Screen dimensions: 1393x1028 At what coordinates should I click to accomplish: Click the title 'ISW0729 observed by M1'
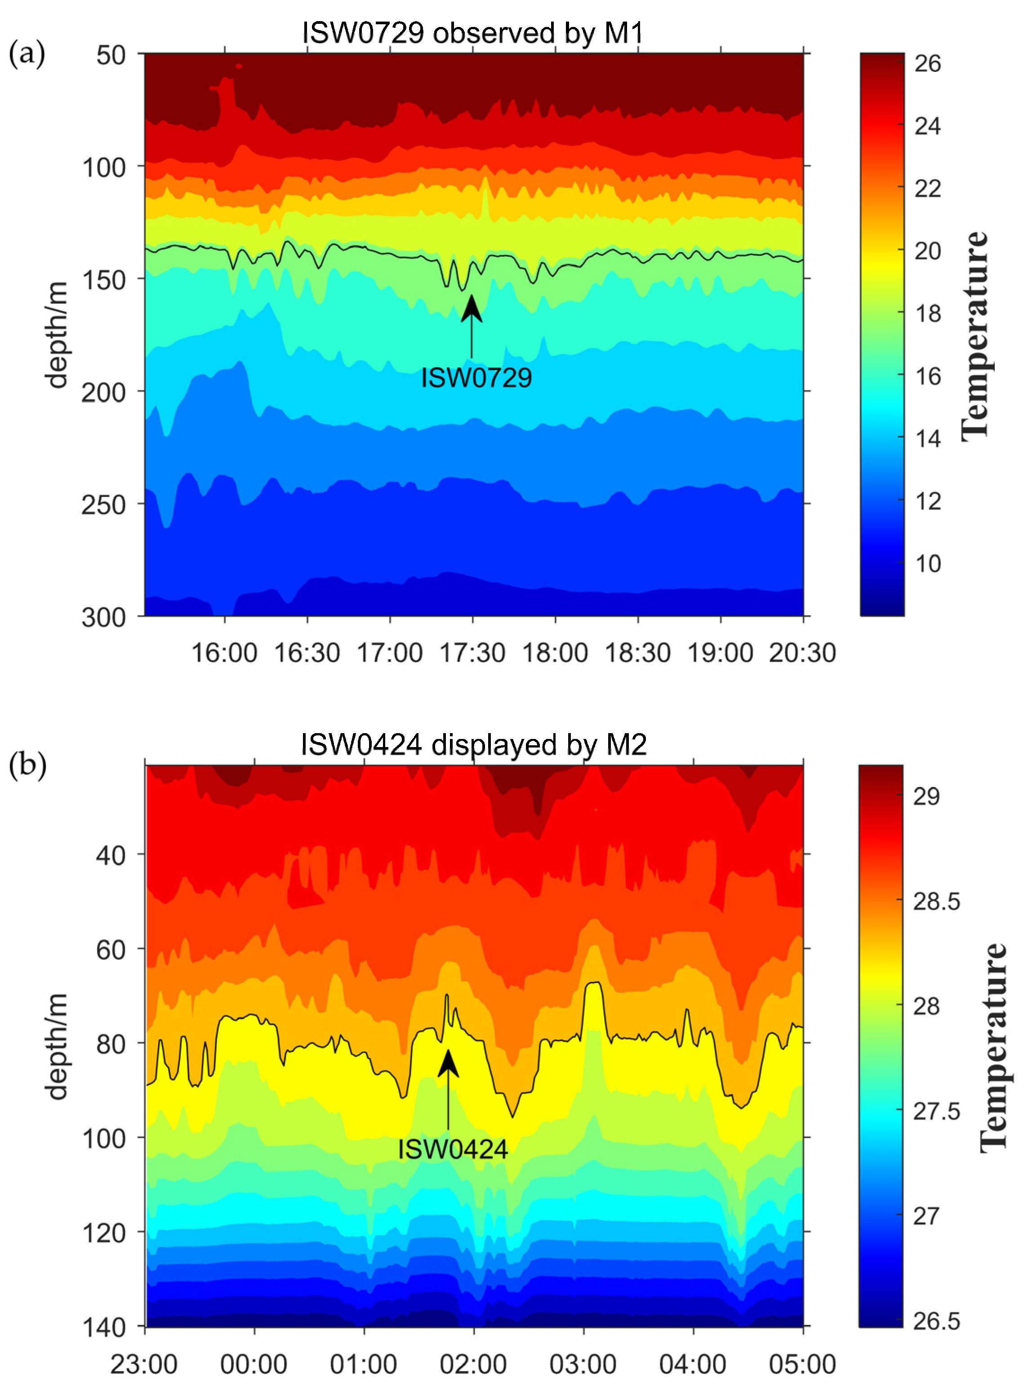pos(473,32)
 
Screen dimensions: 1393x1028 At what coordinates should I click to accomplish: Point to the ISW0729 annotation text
pos(476,378)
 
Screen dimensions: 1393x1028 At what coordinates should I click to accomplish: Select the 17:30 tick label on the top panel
pos(472,653)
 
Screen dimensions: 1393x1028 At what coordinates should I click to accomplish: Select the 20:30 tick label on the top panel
pos(802,653)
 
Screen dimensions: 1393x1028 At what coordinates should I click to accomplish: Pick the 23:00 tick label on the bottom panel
pos(144,1364)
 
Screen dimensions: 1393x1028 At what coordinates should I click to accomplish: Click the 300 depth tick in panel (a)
pos(103,617)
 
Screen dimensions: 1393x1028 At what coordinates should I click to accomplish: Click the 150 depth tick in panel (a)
pos(103,280)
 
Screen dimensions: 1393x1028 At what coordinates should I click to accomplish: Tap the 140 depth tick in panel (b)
pos(103,1327)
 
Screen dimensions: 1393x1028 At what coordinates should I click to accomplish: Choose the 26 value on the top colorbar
pos(927,64)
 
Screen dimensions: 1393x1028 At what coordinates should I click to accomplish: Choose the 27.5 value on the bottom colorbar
pos(936,1112)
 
